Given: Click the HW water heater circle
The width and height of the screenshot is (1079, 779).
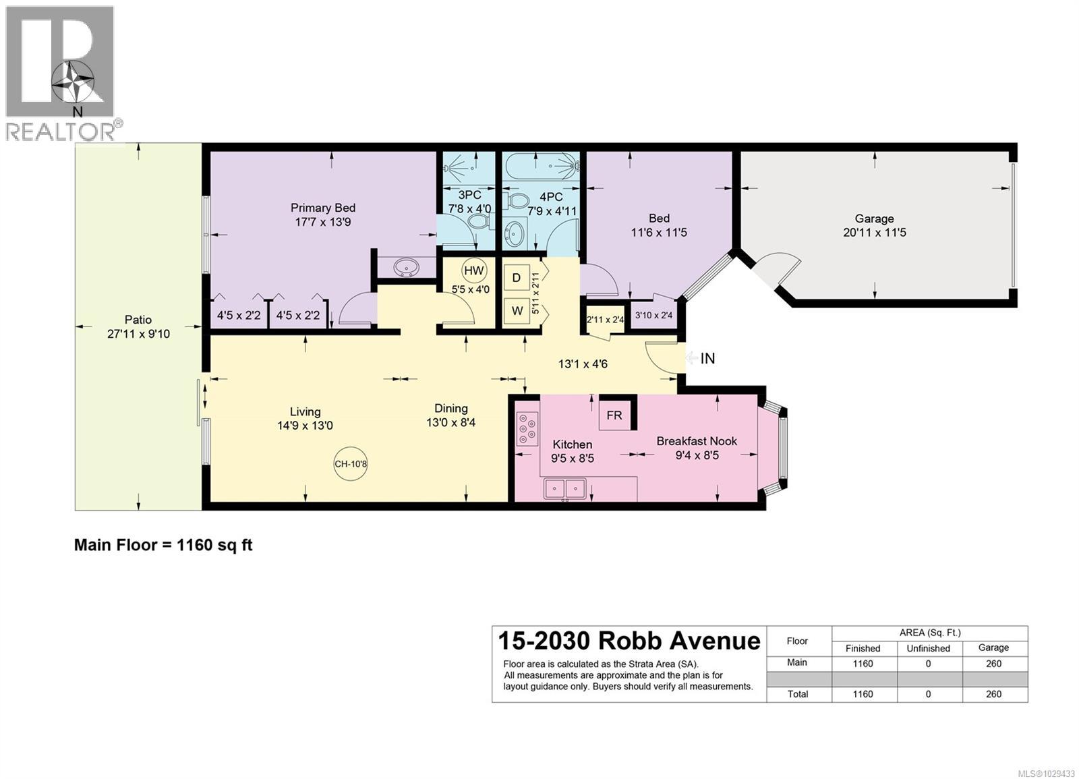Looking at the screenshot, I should tap(474, 271).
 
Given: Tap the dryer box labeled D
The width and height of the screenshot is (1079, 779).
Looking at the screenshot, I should tap(517, 278).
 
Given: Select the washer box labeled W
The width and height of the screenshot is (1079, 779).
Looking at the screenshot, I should tap(517, 312).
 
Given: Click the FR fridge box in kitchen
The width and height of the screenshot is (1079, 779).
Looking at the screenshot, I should tap(614, 415).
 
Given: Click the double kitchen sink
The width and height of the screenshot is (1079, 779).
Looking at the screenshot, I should tap(565, 488).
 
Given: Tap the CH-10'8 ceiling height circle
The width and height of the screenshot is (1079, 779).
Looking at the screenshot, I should tap(351, 464).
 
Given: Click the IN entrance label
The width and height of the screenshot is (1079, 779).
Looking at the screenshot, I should tap(707, 359).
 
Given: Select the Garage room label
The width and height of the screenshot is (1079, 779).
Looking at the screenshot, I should tap(874, 219).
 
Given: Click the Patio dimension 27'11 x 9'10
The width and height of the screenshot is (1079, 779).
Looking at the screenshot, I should tap(138, 334).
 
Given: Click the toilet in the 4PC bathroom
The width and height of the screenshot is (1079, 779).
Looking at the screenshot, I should tap(518, 201).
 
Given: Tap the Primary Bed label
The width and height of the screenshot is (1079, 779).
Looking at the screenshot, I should tap(322, 208).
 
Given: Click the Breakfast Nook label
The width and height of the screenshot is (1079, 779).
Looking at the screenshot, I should tap(697, 441).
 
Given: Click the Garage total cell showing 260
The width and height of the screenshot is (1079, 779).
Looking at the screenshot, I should tap(993, 694).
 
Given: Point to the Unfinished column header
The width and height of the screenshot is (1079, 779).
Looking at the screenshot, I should tap(928, 648).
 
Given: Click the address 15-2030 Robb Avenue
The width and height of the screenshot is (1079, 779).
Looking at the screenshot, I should tap(629, 640).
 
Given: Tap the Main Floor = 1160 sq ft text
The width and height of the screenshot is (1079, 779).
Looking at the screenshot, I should tap(163, 545).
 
